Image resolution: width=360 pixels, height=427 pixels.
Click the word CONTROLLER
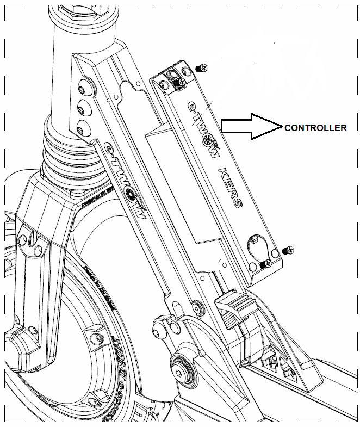(x=315, y=128)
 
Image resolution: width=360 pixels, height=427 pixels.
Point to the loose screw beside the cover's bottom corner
(x=288, y=250)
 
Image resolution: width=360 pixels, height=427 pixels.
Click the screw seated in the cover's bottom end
(x=265, y=263)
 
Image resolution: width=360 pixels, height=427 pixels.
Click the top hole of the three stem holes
(x=83, y=90)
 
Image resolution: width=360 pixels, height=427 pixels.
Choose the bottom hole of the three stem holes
(x=83, y=127)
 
